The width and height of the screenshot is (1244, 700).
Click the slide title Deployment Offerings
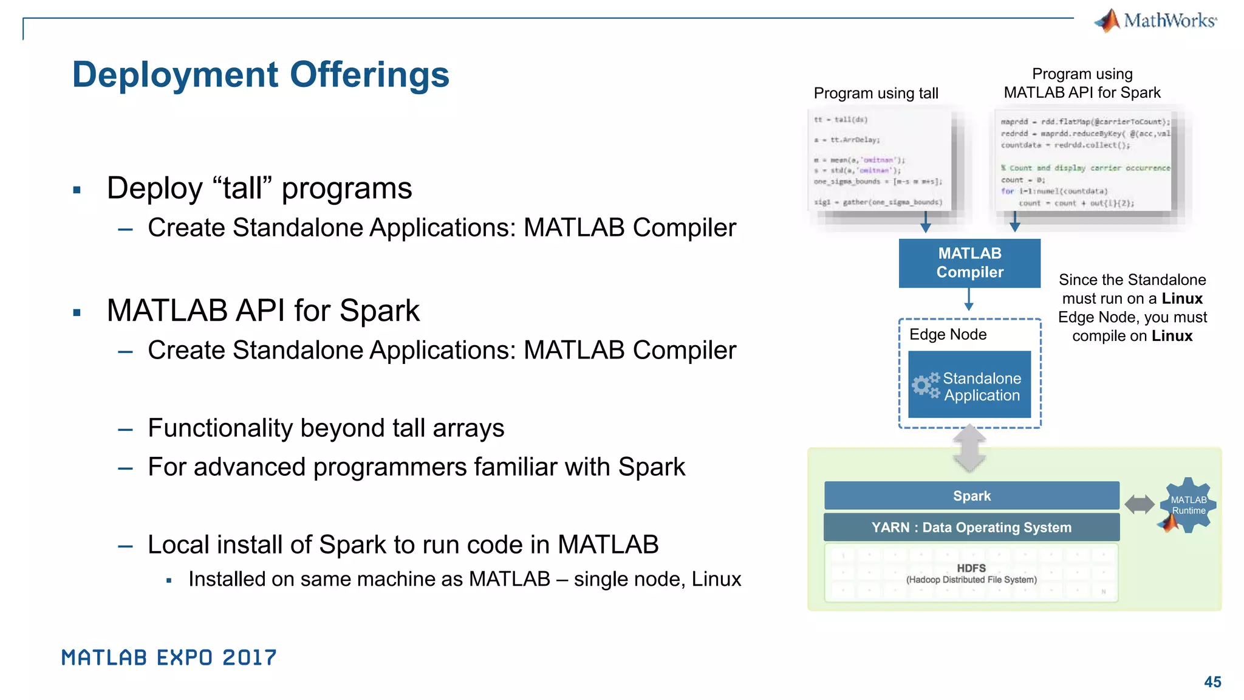[261, 75]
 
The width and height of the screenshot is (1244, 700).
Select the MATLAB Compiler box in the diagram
[969, 263]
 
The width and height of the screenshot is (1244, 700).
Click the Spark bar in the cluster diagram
[971, 496]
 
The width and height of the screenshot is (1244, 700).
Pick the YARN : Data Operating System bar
[971, 527]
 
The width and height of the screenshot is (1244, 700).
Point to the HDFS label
[971, 569]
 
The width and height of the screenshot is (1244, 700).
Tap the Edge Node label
[948, 335]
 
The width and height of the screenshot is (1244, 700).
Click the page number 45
[1212, 682]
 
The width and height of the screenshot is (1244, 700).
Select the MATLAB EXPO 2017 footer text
[169, 657]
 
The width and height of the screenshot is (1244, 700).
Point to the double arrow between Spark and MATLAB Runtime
[1140, 504]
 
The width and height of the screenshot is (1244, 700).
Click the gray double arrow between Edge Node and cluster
[969, 450]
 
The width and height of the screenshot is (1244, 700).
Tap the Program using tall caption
[876, 94]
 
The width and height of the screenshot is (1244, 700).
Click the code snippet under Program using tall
[880, 160]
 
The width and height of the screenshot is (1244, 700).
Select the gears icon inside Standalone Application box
[925, 385]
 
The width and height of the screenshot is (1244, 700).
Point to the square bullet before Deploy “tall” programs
[77, 190]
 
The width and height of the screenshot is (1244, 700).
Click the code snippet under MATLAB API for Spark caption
[1084, 162]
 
